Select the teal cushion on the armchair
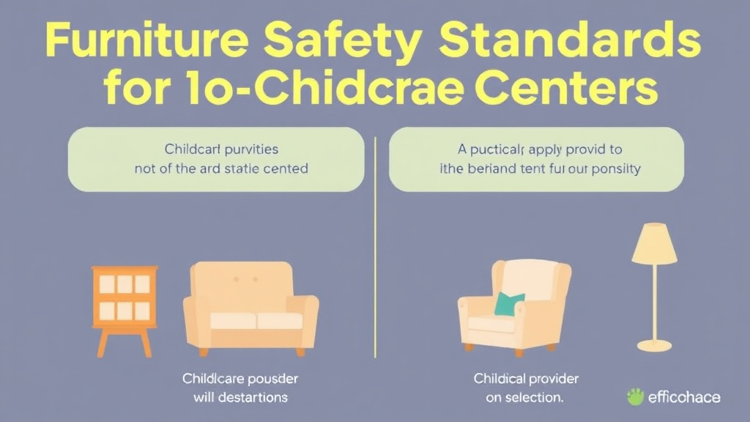(x=510, y=303)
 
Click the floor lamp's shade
(x=654, y=243)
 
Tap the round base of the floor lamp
(x=654, y=344)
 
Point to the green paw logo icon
(x=634, y=397)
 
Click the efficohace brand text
(x=683, y=398)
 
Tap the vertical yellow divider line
(x=375, y=242)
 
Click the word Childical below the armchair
(x=499, y=379)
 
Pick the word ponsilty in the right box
(x=615, y=169)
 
